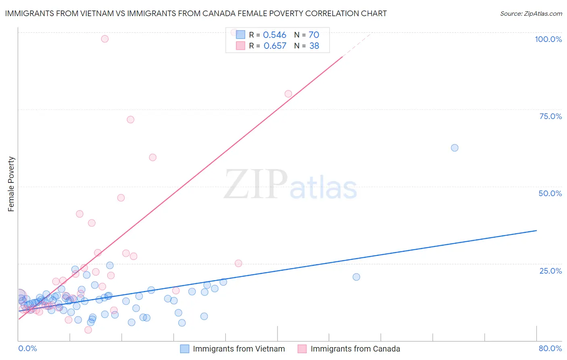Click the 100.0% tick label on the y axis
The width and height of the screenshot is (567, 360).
548,39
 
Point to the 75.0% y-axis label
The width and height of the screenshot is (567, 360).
550,116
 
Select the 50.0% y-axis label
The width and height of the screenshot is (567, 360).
550,193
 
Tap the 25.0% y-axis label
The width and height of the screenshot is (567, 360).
550,270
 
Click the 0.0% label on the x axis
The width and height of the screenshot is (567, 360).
27,348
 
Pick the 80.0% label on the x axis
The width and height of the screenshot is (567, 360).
550,348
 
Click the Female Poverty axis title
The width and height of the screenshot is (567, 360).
11,184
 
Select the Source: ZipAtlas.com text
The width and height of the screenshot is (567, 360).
531,13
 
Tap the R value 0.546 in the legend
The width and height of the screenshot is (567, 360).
274,35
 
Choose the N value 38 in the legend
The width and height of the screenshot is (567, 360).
314,46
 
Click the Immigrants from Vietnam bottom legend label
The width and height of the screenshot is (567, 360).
239,349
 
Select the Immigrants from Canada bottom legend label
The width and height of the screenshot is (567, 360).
355,349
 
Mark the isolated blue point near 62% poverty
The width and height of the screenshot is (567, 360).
454,148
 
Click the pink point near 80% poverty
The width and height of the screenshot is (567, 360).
288,94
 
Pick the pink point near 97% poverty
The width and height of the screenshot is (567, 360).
105,39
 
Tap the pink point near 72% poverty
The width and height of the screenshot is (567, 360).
130,119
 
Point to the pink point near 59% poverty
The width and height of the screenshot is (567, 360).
152,157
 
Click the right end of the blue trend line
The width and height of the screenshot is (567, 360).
536,230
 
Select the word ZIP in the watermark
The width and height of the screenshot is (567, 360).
256,184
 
